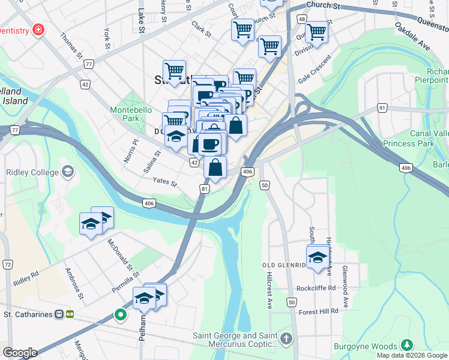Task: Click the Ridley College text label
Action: pyautogui.click(x=30, y=172)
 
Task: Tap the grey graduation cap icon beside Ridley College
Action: pyautogui.click(x=68, y=172)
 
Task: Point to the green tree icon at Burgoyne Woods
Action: pyautogui.click(x=407, y=345)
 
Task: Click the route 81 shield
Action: pyautogui.click(x=205, y=189)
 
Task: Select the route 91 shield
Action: pyautogui.click(x=382, y=108)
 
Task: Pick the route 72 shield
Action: pyautogui.click(x=8, y=264)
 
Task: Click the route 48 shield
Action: pyautogui.click(x=301, y=20)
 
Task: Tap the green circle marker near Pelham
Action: pyautogui.click(x=121, y=314)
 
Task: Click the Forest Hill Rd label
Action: pyautogui.click(x=319, y=311)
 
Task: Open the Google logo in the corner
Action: pyautogui.click(x=20, y=353)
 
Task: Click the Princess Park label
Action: pyautogui.click(x=411, y=144)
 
